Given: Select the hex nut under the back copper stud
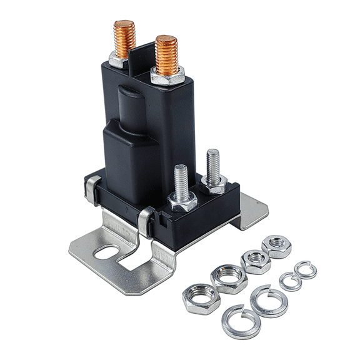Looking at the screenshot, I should pyautogui.click(x=120, y=59).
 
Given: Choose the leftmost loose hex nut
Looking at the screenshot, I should pyautogui.click(x=201, y=297).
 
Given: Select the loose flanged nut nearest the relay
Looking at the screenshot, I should pyautogui.click(x=276, y=246).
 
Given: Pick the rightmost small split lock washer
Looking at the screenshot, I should pyautogui.click(x=305, y=270).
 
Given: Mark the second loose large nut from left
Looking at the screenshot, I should pyautogui.click(x=228, y=277).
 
